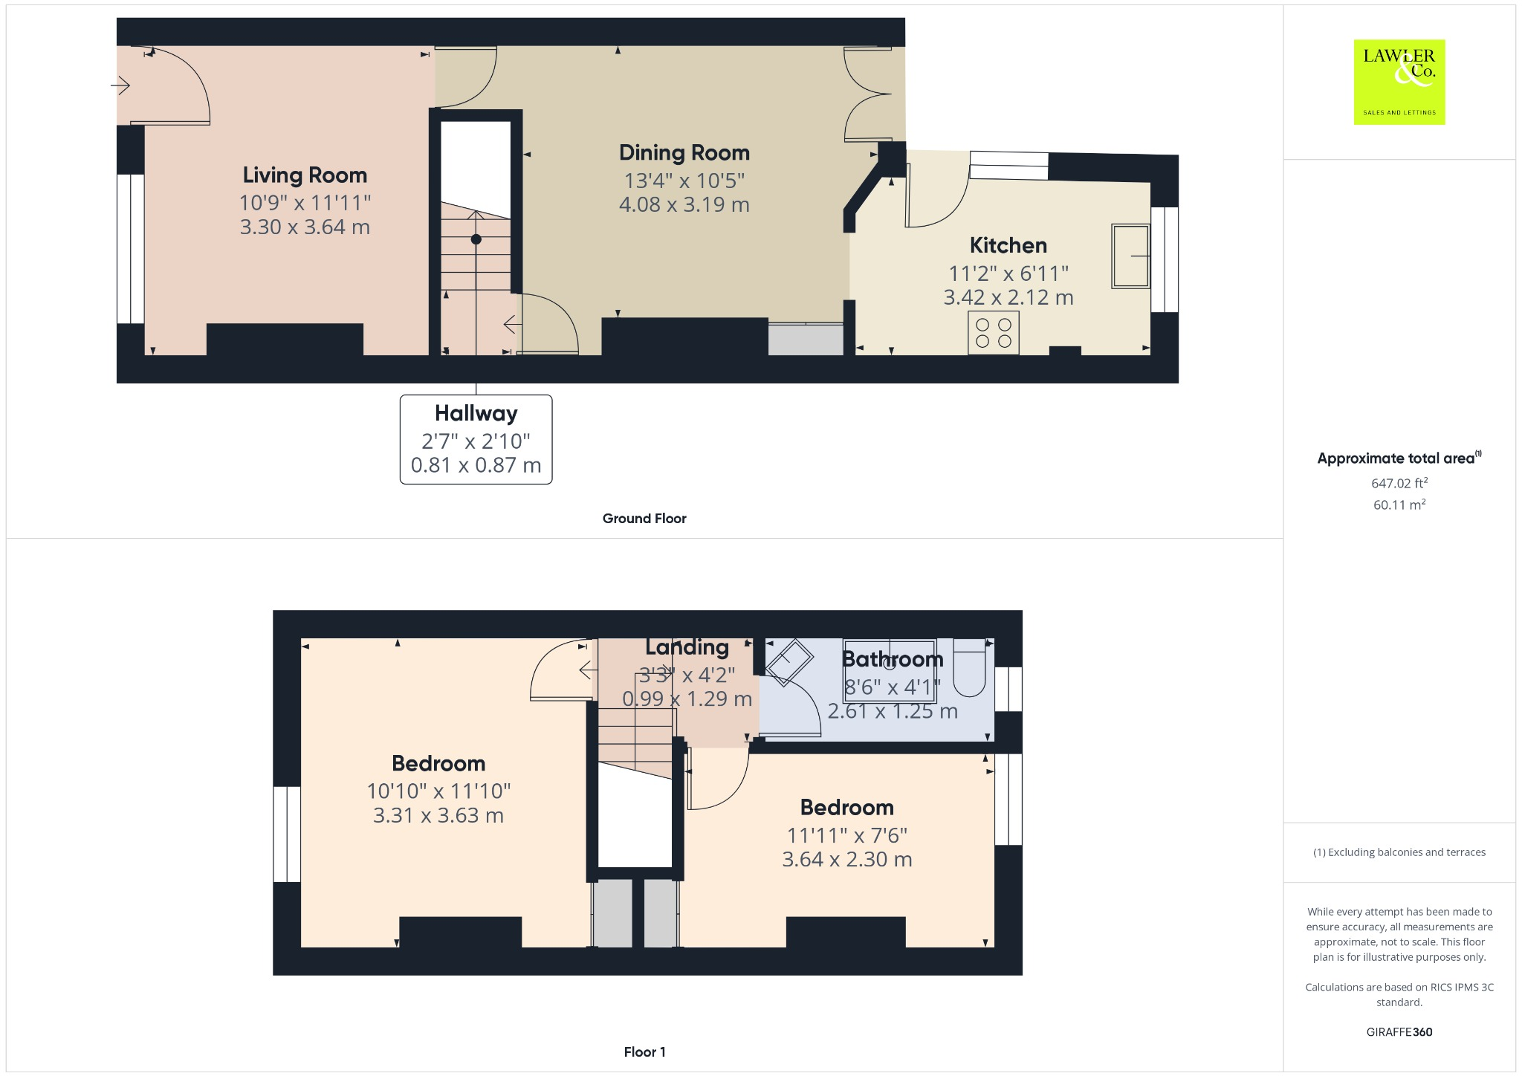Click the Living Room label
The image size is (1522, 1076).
pos(305,175)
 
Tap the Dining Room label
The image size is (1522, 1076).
pos(684,153)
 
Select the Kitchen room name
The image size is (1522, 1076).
pos(1008,246)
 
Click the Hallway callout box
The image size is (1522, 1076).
pos(476,439)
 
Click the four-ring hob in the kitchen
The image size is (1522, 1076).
pos(994,333)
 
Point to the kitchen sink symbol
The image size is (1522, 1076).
pos(1130,256)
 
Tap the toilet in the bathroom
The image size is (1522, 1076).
pos(969,667)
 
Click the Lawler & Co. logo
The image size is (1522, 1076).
pos(1399,82)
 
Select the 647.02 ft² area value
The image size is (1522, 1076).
pos(1399,483)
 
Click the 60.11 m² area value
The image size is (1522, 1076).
pos(1399,505)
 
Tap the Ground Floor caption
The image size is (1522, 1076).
pos(644,519)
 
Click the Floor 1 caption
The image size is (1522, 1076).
pos(644,1052)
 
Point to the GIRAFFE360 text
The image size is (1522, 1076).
pos(1399,1032)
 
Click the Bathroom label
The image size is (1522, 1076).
pos(892,659)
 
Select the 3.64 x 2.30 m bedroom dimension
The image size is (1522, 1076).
pos(846,860)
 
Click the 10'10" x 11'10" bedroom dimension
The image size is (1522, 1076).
pos(438,791)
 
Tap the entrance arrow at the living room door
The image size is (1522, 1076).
pos(120,85)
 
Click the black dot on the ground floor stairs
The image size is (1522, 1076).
pos(476,239)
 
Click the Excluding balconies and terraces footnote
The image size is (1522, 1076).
pos(1399,852)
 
